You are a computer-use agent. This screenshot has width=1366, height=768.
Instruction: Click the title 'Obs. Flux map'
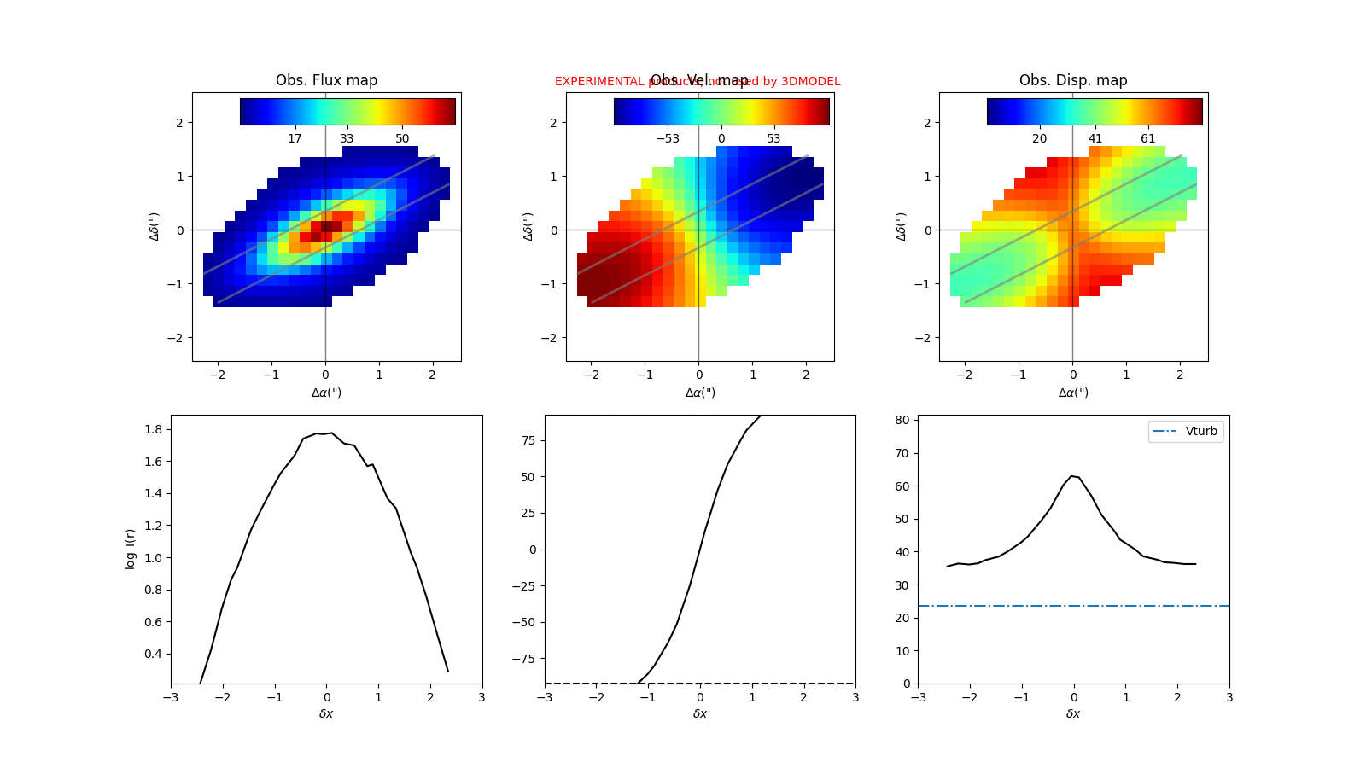click(x=326, y=80)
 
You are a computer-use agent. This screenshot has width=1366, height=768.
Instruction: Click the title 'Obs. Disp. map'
click(x=1073, y=80)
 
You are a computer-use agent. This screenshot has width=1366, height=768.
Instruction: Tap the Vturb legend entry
click(x=1187, y=431)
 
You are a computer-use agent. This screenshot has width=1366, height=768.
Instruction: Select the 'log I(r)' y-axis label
click(x=131, y=549)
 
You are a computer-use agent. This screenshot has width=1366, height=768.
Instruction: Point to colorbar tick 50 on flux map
click(x=402, y=138)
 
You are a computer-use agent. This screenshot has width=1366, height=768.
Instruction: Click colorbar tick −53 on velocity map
click(x=667, y=138)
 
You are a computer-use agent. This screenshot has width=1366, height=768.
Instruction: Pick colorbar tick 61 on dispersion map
click(x=1147, y=138)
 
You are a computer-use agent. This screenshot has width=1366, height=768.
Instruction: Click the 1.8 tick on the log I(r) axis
click(x=154, y=429)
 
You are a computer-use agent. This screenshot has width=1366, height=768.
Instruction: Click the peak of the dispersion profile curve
click(x=1072, y=476)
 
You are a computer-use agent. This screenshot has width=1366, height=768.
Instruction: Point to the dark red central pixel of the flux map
click(x=326, y=226)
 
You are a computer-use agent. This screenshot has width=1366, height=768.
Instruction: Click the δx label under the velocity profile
click(x=699, y=713)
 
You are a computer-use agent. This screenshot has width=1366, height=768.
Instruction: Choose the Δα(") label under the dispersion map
click(x=1073, y=393)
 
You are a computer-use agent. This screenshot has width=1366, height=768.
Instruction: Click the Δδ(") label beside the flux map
click(x=155, y=226)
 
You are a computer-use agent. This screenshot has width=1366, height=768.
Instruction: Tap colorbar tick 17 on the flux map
click(x=295, y=138)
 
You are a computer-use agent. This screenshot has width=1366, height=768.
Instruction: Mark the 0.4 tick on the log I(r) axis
click(x=154, y=655)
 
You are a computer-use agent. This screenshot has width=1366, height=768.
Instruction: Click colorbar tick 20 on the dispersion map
click(x=1039, y=138)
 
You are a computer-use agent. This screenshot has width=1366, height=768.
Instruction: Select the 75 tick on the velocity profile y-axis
click(x=528, y=440)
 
